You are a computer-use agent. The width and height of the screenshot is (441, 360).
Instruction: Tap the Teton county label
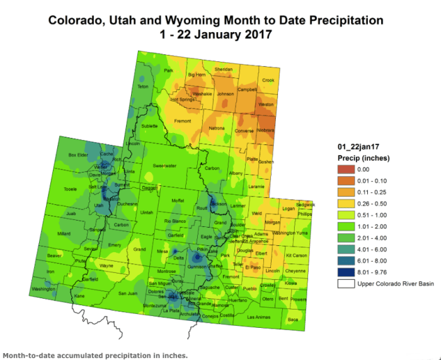(142, 86)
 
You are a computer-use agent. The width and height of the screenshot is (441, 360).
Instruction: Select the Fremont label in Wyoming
(183, 120)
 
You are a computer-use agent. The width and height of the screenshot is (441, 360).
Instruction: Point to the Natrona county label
(216, 129)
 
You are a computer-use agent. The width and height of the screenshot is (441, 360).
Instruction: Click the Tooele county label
(71, 189)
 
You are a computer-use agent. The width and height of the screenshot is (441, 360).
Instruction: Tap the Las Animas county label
(258, 316)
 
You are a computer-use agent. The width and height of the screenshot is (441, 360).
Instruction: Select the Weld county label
(256, 214)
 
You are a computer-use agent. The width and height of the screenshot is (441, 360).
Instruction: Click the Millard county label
(64, 233)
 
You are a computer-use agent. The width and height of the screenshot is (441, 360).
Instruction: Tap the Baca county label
(293, 320)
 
